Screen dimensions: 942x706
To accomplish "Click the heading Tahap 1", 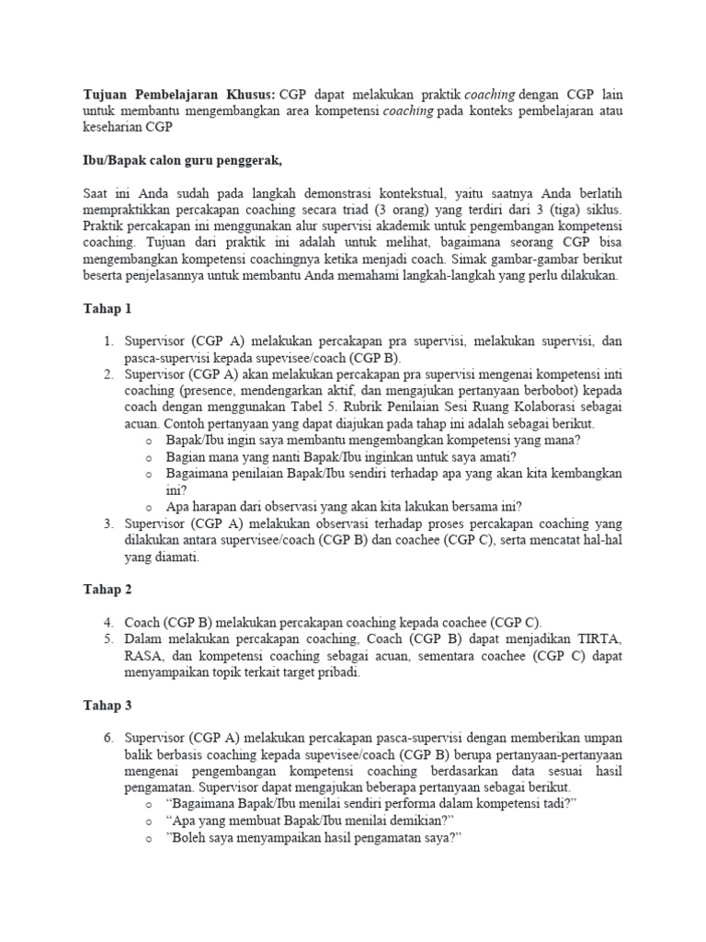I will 108,308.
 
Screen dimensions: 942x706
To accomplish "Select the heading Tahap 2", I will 108,589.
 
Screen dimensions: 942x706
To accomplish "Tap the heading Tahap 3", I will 108,706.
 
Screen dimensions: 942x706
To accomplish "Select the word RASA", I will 144,655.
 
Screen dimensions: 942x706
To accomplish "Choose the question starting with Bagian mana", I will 341,456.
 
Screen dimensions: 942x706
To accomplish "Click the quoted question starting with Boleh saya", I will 313,838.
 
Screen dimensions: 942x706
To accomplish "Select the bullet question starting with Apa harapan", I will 345,506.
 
